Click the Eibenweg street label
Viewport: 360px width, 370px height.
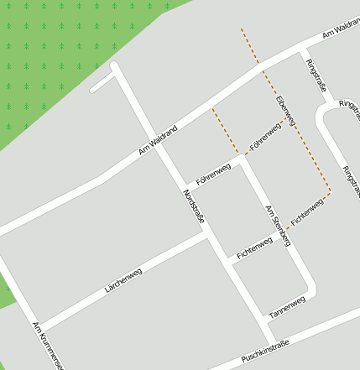(x=286, y=110)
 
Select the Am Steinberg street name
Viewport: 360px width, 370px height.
(x=278, y=226)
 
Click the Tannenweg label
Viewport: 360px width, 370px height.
(x=287, y=308)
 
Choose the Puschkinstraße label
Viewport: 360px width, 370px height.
(x=264, y=352)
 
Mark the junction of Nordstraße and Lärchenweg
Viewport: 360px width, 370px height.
(x=207, y=236)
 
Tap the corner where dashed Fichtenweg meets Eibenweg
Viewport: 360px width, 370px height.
(x=329, y=194)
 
